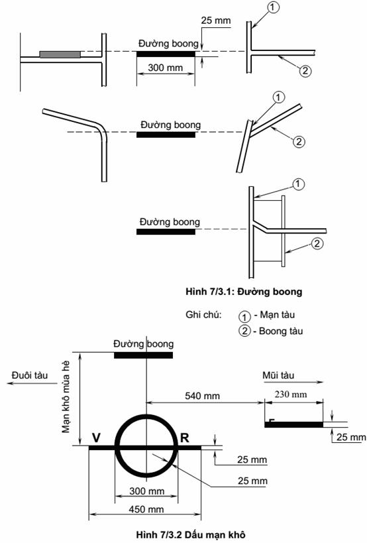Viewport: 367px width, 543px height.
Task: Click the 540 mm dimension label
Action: click(202, 396)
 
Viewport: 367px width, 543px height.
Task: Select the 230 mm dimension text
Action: click(291, 394)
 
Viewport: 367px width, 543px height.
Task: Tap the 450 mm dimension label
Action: click(146, 509)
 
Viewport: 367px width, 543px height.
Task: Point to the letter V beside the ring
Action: click(96, 438)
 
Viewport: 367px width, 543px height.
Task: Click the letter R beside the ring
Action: click(185, 438)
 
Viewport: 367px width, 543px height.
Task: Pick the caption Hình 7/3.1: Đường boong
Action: click(244, 292)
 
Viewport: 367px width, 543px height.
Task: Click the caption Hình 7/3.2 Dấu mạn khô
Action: click(191, 534)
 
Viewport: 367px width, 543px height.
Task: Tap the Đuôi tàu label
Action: click(29, 375)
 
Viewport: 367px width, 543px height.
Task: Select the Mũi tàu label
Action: click(278, 375)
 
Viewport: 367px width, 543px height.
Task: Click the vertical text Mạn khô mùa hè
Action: click(66, 397)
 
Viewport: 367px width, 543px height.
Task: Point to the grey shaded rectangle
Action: click(60, 54)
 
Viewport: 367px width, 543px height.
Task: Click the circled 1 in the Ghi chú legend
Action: click(244, 316)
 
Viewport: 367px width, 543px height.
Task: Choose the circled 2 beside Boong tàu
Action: click(244, 331)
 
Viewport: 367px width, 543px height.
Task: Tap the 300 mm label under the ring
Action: click(146, 491)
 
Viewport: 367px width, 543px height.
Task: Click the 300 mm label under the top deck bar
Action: click(166, 67)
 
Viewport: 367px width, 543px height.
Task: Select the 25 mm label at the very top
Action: click(216, 20)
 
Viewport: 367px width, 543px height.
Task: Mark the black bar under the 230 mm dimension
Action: click(293, 424)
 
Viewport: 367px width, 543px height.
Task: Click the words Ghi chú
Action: click(204, 315)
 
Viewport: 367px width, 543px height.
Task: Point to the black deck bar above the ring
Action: click(143, 355)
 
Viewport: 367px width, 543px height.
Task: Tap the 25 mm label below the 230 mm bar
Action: click(351, 437)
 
